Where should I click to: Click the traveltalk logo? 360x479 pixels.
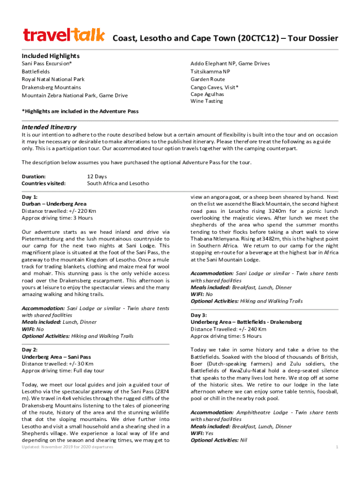click(x=64, y=35)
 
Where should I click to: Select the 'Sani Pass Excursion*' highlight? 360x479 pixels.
click(x=47, y=64)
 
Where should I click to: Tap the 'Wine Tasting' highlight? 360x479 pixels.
click(x=207, y=101)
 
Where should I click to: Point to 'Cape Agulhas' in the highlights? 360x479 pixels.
click(x=207, y=94)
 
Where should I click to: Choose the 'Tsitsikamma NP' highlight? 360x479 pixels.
click(x=210, y=72)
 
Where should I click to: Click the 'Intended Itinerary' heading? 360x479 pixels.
click(x=49, y=127)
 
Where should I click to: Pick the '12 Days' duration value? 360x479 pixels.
click(x=97, y=176)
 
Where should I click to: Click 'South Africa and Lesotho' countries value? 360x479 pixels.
click(x=118, y=183)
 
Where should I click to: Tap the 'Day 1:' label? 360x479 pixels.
click(x=30, y=197)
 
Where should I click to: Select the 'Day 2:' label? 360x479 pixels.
click(x=30, y=349)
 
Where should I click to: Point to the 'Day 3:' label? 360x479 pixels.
click(x=199, y=315)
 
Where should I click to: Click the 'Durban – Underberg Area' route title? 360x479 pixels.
click(x=54, y=204)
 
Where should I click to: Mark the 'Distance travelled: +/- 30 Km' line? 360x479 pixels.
click(x=58, y=363)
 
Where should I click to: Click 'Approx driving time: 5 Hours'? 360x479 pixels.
click(x=226, y=336)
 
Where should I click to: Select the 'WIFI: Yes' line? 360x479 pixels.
click(x=202, y=433)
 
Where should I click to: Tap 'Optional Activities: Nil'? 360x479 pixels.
click(x=219, y=440)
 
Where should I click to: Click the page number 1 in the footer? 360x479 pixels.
click(x=337, y=447)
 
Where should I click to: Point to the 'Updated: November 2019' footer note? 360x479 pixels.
click(x=67, y=447)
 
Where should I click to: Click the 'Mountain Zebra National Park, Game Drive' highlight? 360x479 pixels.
click(x=74, y=95)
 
